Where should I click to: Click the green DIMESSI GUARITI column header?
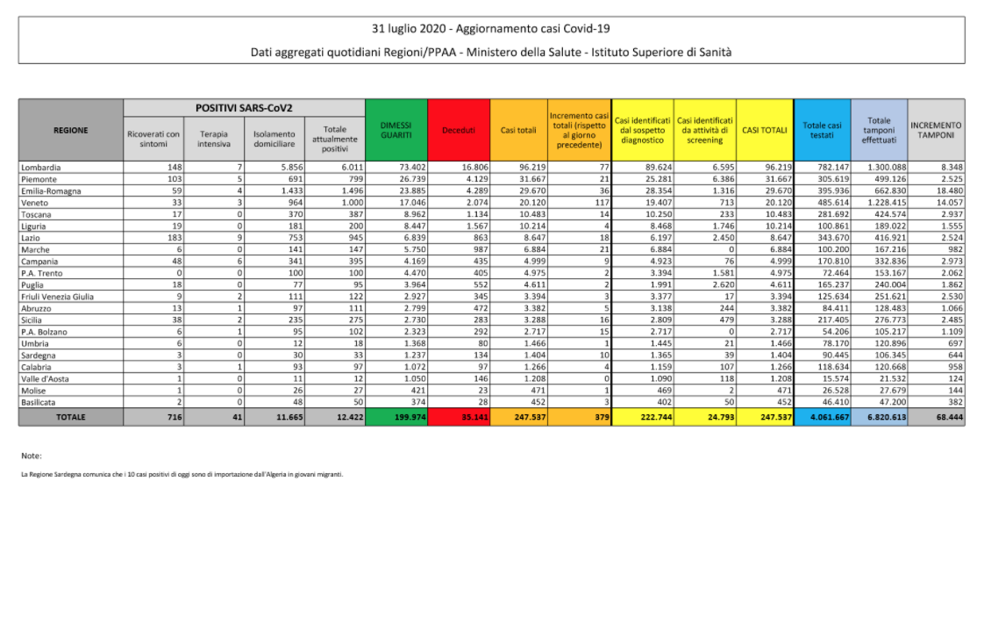pyautogui.click(x=396, y=130)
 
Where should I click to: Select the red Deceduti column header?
pyautogui.click(x=459, y=130)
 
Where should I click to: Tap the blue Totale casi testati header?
pyautogui.click(x=822, y=130)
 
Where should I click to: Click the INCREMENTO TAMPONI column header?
pyautogui.click(x=936, y=130)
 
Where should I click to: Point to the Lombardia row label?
pyautogui.click(x=41, y=167)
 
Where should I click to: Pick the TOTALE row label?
pyautogui.click(x=71, y=417)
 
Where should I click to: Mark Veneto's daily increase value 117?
pyautogui.click(x=601, y=203)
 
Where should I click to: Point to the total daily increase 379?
pyautogui.click(x=601, y=417)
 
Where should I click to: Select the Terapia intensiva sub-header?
pyautogui.click(x=213, y=139)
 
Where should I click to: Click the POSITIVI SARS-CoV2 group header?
pyautogui.click(x=244, y=108)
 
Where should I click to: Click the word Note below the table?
pyautogui.click(x=32, y=456)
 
